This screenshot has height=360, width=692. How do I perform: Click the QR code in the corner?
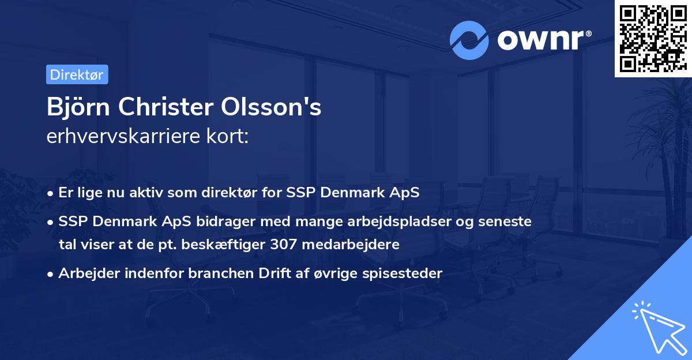653,39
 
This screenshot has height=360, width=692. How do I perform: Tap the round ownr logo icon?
469,40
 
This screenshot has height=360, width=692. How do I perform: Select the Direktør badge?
77,74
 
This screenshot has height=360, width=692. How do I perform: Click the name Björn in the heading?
73,108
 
